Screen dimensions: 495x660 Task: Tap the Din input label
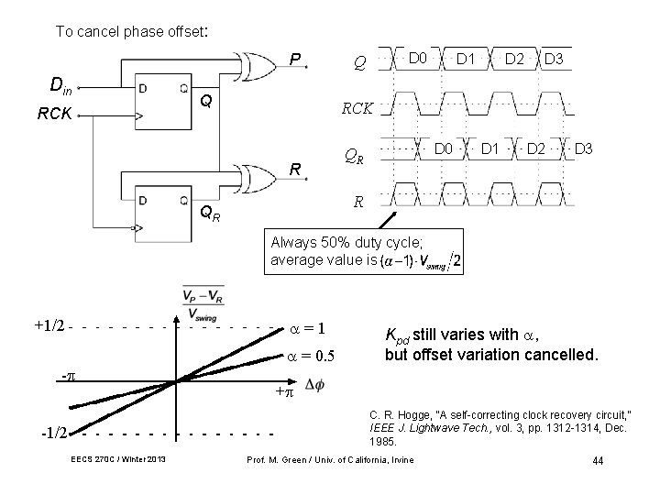(60, 88)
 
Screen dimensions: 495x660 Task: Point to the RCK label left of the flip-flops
(55, 115)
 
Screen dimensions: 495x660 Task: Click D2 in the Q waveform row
(513, 60)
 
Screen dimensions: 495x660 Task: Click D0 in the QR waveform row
(444, 147)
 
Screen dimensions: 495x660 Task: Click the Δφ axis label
(313, 383)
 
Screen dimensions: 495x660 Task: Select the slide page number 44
(598, 459)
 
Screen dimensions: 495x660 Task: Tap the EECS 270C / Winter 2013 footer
(118, 459)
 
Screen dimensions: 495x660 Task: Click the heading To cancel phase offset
(133, 31)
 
